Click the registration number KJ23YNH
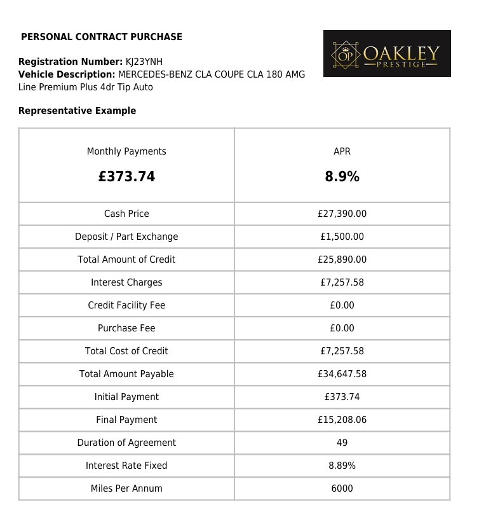(144, 62)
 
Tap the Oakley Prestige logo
(387, 53)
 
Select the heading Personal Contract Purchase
(102, 37)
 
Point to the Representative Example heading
(77, 111)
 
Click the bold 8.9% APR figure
(342, 177)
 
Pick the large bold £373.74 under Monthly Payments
(126, 177)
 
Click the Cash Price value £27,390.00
(342, 214)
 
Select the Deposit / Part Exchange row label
(126, 237)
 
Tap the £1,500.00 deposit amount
(342, 237)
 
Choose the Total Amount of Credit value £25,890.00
(342, 259)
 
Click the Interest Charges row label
(126, 282)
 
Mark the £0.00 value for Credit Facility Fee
(342, 305)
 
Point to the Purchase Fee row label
(126, 328)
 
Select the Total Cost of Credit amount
(342, 351)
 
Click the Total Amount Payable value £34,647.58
(342, 374)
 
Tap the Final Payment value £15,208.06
(342, 420)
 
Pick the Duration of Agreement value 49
(342, 443)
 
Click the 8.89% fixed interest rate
(342, 466)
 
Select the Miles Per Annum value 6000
(342, 488)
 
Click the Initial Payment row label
(126, 397)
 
